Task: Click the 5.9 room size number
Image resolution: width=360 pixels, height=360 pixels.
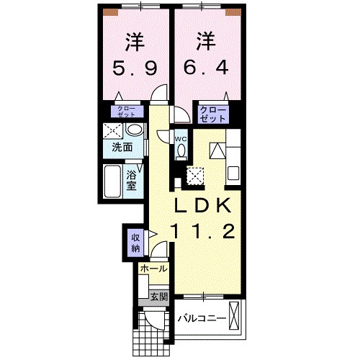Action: click(134, 69)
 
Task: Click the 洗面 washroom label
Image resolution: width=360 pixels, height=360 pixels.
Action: click(122, 148)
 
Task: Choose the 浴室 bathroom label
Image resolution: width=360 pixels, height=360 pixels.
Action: click(132, 179)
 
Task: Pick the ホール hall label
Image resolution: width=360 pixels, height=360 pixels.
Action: click(153, 269)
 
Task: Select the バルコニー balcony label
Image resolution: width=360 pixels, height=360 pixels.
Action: click(202, 318)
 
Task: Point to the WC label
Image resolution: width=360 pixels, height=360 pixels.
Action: click(181, 139)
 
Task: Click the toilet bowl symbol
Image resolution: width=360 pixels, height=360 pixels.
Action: click(181, 150)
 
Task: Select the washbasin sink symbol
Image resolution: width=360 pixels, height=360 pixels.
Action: click(133, 130)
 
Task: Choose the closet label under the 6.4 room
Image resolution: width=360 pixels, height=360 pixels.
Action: click(214, 113)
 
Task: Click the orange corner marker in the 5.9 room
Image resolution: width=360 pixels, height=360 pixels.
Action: click(109, 12)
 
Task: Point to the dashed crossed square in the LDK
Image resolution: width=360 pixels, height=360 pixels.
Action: click(195, 175)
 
